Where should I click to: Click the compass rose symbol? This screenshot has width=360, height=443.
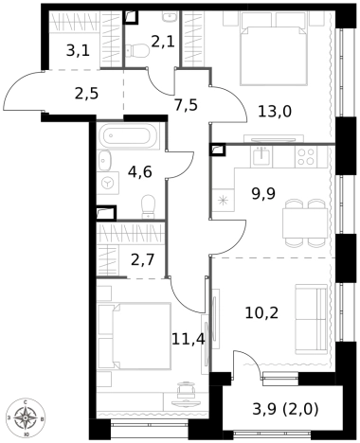point(26,418)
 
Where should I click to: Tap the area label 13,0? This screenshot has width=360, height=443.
point(275,112)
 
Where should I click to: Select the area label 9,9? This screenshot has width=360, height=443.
point(263,193)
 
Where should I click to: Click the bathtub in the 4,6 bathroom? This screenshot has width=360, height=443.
point(128,135)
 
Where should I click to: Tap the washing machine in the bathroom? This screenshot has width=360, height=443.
point(108,183)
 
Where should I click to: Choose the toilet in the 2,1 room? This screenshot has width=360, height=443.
point(137,50)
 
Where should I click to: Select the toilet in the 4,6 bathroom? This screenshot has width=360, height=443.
point(148,206)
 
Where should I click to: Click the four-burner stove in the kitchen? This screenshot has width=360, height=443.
point(306,157)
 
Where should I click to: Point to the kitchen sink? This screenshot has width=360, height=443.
point(261,157)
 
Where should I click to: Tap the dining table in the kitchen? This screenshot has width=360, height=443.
point(305,222)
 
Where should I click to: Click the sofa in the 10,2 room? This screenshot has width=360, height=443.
point(311,319)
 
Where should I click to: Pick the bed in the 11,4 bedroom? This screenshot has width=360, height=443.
point(135,336)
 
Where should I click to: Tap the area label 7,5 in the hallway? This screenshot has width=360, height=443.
point(186,105)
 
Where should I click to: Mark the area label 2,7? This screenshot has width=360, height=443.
point(142,260)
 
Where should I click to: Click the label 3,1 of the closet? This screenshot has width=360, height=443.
point(78,50)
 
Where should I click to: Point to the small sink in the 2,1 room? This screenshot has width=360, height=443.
point(170,16)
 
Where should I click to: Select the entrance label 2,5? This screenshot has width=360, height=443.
point(87,94)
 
